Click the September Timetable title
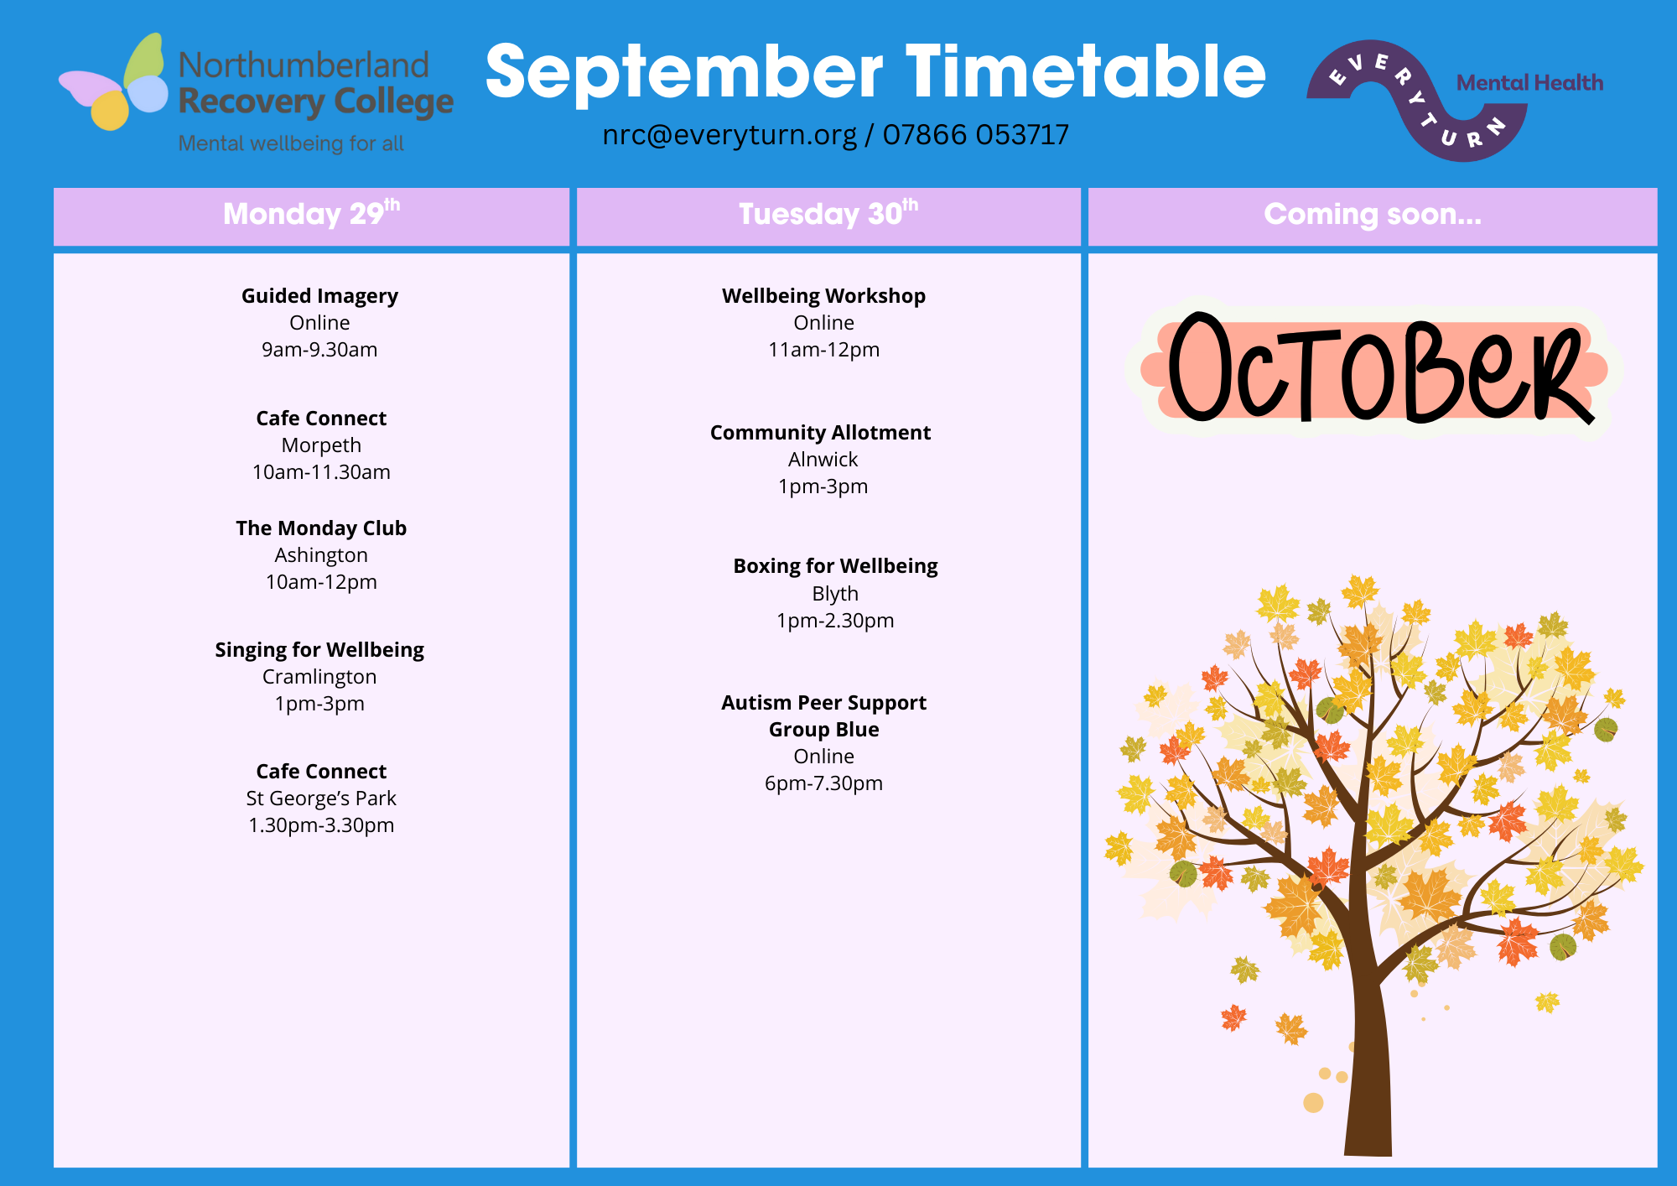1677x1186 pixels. (875, 73)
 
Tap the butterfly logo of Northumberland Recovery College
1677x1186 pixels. (114, 82)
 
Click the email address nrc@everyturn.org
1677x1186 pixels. (729, 135)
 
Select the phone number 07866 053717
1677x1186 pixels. (975, 134)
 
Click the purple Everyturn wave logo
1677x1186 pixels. (1417, 100)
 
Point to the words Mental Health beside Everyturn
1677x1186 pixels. (1529, 83)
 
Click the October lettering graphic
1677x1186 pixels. (1375, 369)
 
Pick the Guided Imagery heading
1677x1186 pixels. (319, 296)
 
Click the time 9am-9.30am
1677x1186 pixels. (319, 350)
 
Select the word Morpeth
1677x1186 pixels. (321, 445)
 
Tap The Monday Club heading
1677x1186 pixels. (321, 528)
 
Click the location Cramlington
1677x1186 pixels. (319, 677)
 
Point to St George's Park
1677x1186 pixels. (321, 798)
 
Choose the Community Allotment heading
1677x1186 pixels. (820, 433)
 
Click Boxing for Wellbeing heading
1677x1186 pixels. (835, 566)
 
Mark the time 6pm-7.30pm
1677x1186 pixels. (823, 783)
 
